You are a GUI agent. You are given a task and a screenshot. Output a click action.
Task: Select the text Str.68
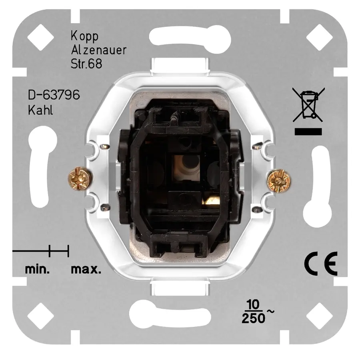tap(85, 64)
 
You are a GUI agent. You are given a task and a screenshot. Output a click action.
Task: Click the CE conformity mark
tap(320, 264)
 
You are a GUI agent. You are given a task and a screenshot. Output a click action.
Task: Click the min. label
tap(37, 269)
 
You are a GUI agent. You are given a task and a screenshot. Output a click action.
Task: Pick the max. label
tap(86, 269)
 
